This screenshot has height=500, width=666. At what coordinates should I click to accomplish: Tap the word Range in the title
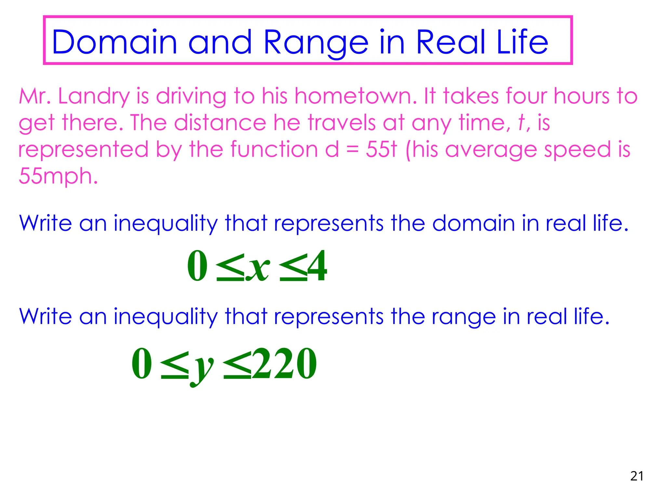pos(315,42)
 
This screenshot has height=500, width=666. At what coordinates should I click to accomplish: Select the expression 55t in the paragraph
pos(381,149)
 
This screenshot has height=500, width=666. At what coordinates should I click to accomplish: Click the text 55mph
pos(58,176)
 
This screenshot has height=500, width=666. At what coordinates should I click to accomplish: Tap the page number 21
pos(637,476)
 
